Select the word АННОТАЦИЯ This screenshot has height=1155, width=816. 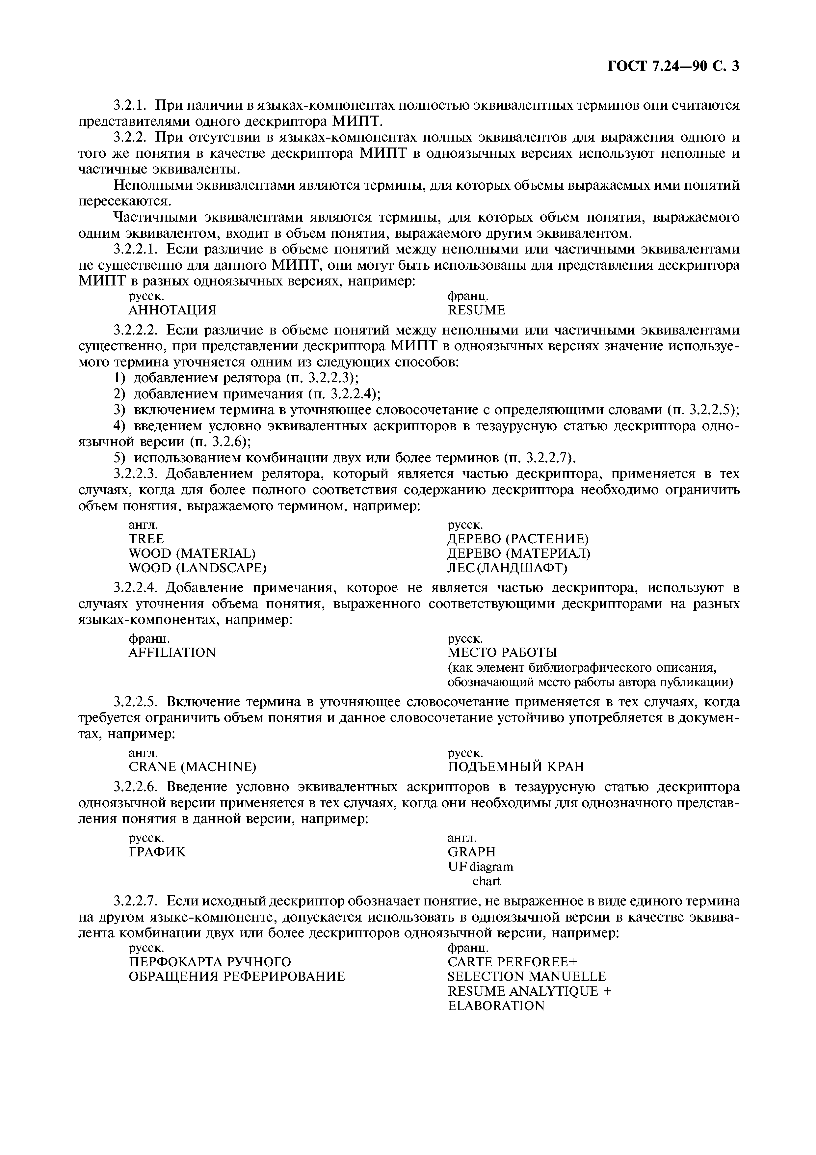pos(172,310)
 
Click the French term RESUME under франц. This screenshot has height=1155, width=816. pos(476,310)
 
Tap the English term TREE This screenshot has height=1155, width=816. pos(146,539)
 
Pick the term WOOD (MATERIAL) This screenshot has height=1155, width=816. pos(192,553)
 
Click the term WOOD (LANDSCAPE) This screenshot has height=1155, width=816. pos(197,568)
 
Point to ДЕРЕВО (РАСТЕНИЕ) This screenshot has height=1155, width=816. pos(518,539)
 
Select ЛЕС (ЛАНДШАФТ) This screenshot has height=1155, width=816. pos(507,568)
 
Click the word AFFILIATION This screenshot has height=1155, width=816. pos(172,653)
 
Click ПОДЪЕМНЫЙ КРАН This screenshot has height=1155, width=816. pos(516,766)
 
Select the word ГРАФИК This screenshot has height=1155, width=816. pos(157,852)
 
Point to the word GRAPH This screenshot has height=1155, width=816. pos(471,852)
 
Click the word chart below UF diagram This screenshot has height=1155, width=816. pos(486,881)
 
